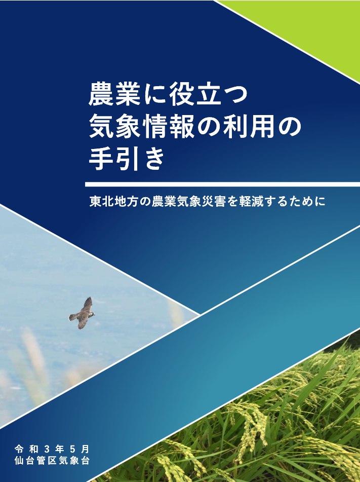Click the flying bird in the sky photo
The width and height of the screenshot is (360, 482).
(82, 313)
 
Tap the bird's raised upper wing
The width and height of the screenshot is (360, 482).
(87, 304)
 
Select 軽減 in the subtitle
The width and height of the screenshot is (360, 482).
(252, 201)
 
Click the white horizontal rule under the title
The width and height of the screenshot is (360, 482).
(222, 184)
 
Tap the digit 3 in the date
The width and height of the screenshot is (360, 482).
(47, 449)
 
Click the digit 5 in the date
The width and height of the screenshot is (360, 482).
(72, 449)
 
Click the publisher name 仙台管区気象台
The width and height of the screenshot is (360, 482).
(52, 461)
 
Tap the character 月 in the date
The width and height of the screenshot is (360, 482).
(86, 449)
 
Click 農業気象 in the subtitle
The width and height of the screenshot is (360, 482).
(177, 201)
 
